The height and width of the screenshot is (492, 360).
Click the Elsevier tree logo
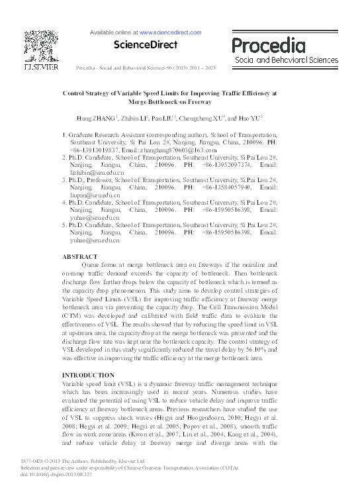[42, 44]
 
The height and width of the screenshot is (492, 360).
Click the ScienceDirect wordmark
[146, 45]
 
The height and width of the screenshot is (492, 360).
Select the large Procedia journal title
[268, 44]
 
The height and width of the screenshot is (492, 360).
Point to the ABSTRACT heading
[79, 256]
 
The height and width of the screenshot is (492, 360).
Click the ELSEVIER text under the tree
[41, 66]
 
